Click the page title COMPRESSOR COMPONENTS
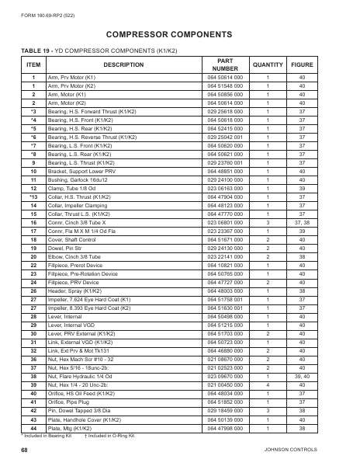[x=179, y=35]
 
